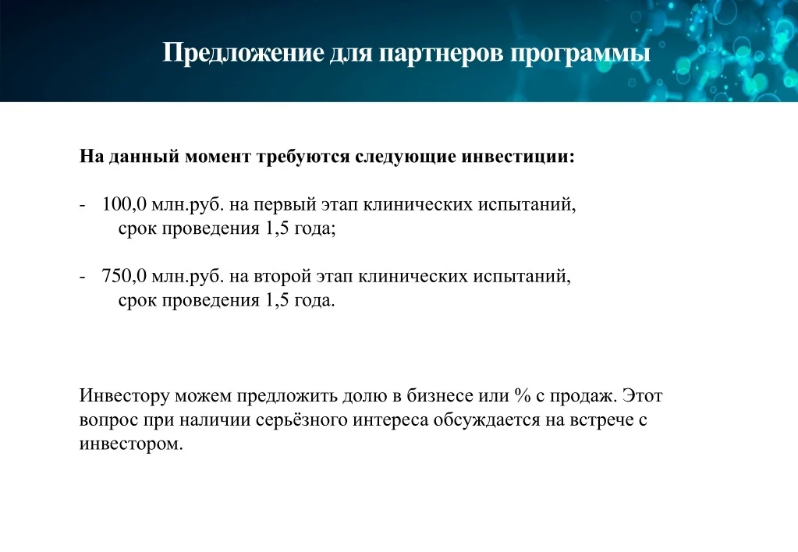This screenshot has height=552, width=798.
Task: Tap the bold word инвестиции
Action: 518,157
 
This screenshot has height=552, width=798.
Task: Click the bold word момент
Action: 218,157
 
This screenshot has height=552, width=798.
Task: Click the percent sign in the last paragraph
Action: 522,396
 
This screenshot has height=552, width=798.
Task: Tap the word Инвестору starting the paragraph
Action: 124,396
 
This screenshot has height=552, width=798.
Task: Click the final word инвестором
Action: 131,444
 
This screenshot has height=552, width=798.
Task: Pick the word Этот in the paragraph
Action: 642,396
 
